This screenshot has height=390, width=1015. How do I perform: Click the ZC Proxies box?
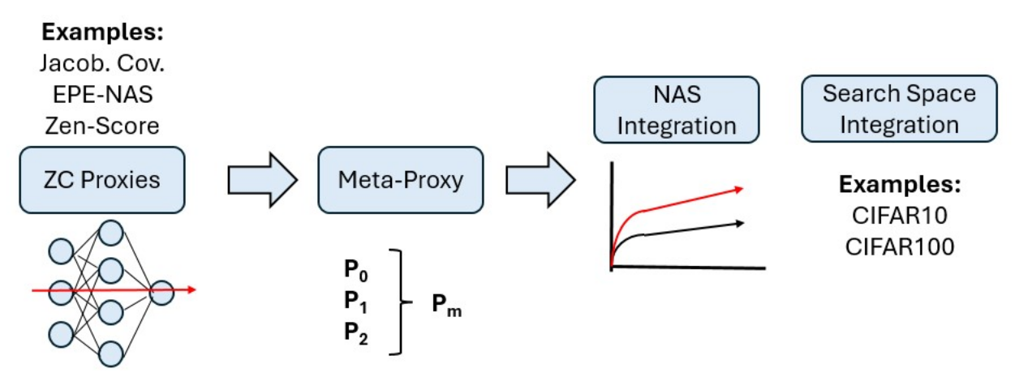click(102, 179)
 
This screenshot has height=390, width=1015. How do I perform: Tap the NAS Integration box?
click(677, 110)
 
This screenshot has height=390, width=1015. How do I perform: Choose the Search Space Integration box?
click(899, 109)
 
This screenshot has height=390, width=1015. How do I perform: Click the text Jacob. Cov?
click(102, 62)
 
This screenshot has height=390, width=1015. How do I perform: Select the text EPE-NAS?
click(102, 94)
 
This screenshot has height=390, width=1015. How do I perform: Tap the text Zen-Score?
click(102, 125)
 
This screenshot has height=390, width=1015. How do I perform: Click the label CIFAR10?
click(899, 215)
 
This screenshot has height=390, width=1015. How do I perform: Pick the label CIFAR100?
click(899, 245)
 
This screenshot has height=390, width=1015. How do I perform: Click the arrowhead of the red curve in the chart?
click(738, 190)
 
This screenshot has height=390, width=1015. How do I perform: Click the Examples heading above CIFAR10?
click(899, 184)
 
